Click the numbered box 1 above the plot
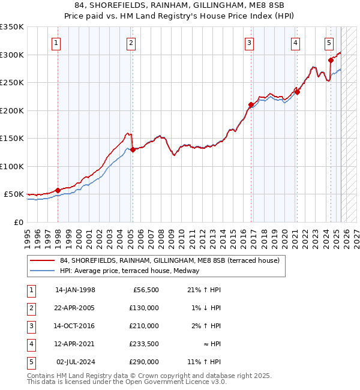pyautogui.click(x=56, y=43)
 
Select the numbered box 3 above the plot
pyautogui.click(x=248, y=43)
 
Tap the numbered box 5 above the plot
pyautogui.click(x=329, y=43)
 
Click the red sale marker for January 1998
pyautogui.click(x=58, y=191)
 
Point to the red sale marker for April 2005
pyautogui.click(x=133, y=150)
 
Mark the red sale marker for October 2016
pyautogui.click(x=251, y=105)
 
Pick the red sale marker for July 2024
pyautogui.click(x=331, y=60)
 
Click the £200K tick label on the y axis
pyautogui.click(x=12, y=110)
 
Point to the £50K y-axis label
pyautogui.click(x=14, y=194)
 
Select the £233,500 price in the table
pyautogui.click(x=144, y=344)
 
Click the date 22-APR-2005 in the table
pyautogui.click(x=75, y=308)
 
